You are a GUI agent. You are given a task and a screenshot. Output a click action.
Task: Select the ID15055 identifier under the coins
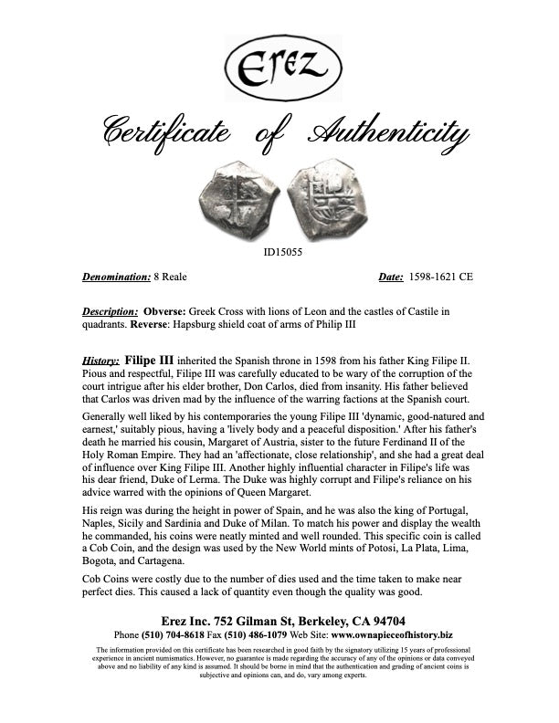[x=279, y=253]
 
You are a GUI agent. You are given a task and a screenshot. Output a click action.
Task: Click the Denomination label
[x=117, y=277]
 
